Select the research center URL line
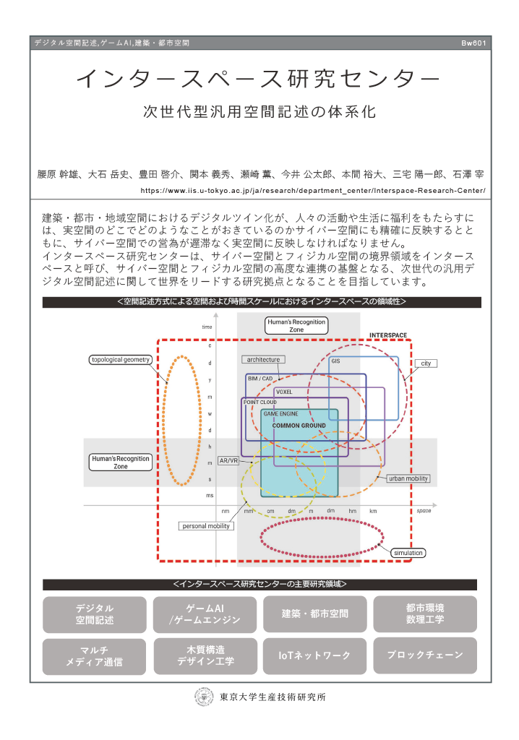click(x=313, y=192)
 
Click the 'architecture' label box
click(x=262, y=359)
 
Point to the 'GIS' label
click(x=335, y=361)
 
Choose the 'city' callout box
click(x=426, y=363)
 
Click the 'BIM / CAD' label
click(x=260, y=378)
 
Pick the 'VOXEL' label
click(x=284, y=391)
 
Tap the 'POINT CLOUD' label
click(x=260, y=402)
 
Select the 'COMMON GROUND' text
click(x=299, y=426)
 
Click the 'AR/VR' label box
click(x=229, y=460)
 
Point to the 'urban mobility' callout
click(x=408, y=478)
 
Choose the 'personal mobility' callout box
click(x=206, y=526)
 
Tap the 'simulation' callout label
click(x=408, y=553)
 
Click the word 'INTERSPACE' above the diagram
click(x=388, y=335)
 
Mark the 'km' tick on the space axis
click(x=373, y=511)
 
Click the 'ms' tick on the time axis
click(x=210, y=495)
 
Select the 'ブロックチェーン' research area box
click(x=424, y=655)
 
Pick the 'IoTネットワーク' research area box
click(x=314, y=655)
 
